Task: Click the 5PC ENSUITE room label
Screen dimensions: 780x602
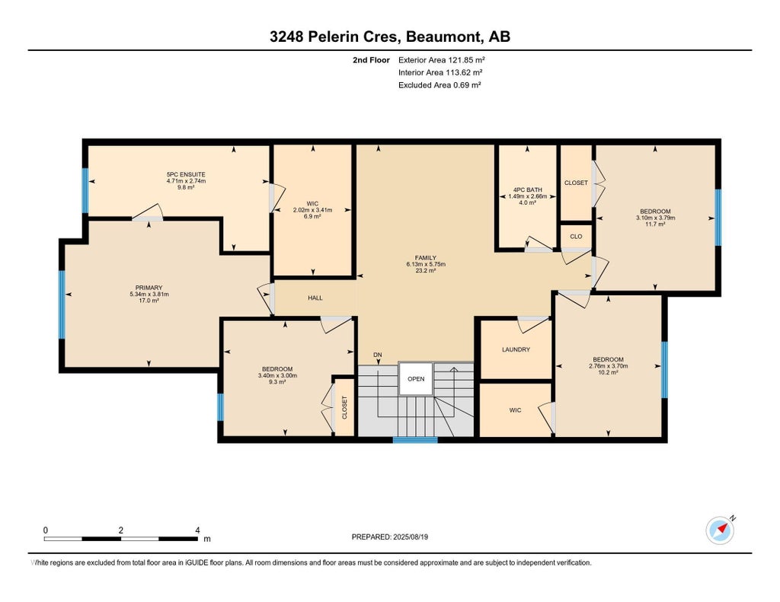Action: [x=186, y=174]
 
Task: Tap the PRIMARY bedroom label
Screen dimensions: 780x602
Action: [x=149, y=288]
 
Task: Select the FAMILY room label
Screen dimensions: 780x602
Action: [x=426, y=258]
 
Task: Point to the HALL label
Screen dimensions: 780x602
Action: [x=315, y=298]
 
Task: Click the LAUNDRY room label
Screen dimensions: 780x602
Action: [x=516, y=349]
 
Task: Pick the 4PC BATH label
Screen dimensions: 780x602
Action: [x=527, y=190]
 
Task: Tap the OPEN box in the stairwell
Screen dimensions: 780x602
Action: [x=416, y=379]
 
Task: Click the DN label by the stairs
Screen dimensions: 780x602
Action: [x=378, y=355]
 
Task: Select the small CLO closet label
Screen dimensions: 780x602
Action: [x=576, y=237]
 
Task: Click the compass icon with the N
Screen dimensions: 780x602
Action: [x=720, y=530]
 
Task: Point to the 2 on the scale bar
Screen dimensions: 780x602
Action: [x=121, y=530]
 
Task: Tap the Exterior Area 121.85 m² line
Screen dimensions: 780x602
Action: [x=442, y=60]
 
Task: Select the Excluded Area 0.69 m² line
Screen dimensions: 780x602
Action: [x=440, y=85]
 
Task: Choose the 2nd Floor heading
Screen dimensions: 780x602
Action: [x=371, y=60]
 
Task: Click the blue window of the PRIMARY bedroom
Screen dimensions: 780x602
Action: [x=62, y=304]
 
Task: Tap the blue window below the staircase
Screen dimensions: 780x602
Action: [x=415, y=440]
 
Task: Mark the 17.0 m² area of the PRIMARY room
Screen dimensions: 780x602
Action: [x=149, y=301]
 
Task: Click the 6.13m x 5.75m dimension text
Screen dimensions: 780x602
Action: [x=426, y=264]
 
